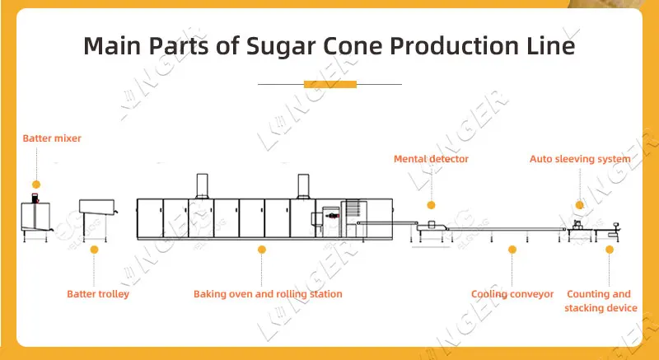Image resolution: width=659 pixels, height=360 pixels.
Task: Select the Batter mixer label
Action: [x=52, y=138]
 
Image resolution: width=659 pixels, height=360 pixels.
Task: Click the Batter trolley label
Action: [x=98, y=293]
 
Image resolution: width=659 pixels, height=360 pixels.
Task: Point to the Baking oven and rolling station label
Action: [x=268, y=293]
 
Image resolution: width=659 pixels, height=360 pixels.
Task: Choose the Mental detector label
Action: [x=431, y=158]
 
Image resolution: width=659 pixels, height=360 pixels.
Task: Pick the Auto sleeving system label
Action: [x=580, y=158]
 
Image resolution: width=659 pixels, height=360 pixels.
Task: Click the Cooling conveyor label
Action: [x=512, y=293]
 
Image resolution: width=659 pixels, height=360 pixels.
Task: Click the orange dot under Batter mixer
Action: [x=35, y=184]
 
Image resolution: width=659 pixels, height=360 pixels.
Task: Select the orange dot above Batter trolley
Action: [x=94, y=248]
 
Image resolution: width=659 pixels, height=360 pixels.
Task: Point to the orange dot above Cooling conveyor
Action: [x=512, y=248]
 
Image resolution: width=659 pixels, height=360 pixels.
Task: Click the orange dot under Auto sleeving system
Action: [x=579, y=204]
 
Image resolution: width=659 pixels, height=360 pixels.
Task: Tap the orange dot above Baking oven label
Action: [x=261, y=248]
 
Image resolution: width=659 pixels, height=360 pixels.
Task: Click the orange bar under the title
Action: [x=329, y=84]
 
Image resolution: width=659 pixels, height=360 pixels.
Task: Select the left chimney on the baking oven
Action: [x=202, y=185]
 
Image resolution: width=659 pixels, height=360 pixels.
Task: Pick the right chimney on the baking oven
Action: [x=302, y=185]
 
